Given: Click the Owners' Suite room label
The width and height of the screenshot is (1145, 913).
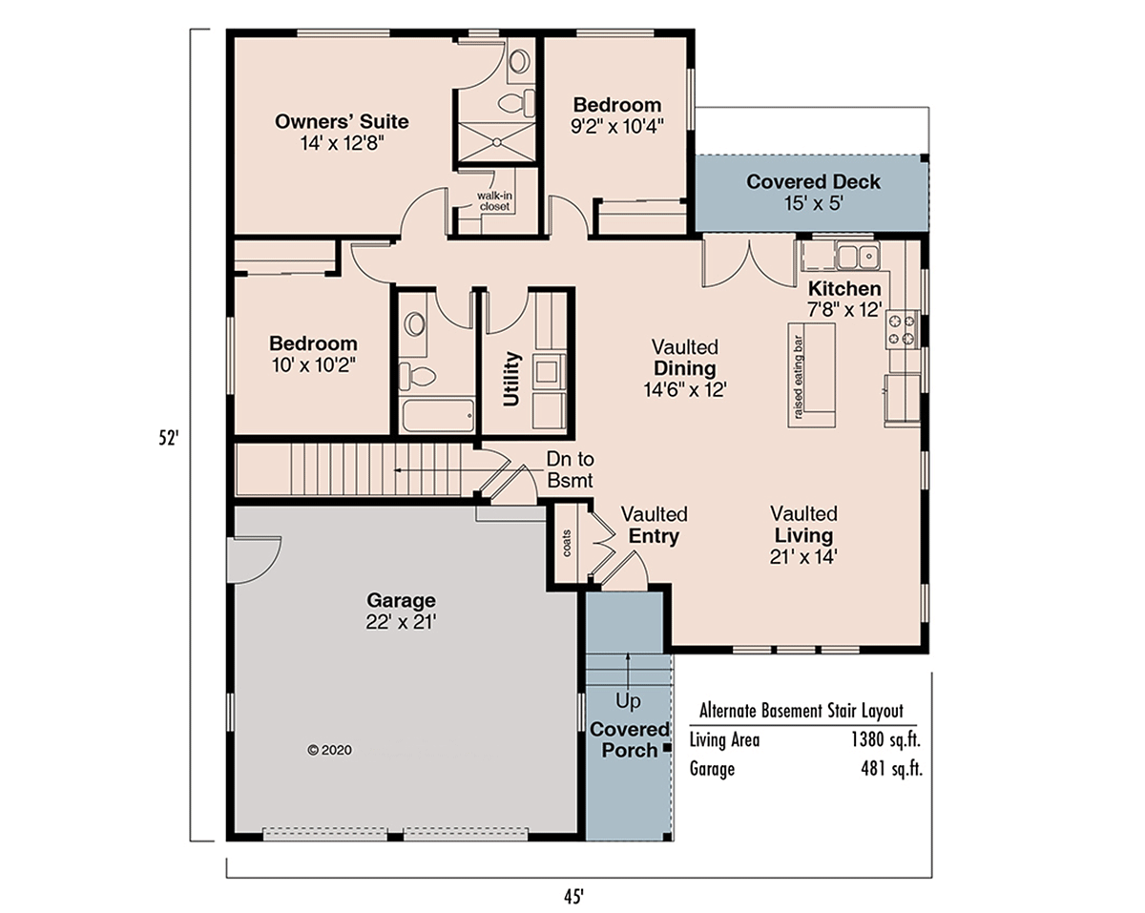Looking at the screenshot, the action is coord(342,121).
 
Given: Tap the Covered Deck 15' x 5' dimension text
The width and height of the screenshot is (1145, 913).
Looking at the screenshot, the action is coord(814,203).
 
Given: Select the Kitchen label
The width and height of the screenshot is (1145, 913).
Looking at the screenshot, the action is coord(844,289).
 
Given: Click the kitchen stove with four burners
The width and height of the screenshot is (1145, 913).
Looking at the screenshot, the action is coord(902,329).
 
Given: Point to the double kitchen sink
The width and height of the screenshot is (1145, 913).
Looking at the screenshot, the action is coord(858,257).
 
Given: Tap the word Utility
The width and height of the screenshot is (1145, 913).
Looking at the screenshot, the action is coord(511,379).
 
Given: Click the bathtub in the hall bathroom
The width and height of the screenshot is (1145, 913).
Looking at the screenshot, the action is coord(438,416).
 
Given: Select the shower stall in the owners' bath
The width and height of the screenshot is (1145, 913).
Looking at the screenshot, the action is coord(496,142).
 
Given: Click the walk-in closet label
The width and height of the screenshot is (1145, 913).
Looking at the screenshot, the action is coord(494,201).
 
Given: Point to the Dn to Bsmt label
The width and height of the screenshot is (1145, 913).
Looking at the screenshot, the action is coord(570,469).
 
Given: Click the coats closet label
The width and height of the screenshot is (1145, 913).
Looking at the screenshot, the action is coord(567,543).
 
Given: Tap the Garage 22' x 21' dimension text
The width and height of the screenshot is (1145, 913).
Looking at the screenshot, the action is coord(401,622).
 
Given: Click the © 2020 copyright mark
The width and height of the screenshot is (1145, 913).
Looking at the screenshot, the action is coord(329,750).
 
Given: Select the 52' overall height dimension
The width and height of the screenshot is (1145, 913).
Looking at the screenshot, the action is coord(169,438).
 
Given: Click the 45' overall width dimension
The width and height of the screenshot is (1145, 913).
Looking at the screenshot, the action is coord(573,897).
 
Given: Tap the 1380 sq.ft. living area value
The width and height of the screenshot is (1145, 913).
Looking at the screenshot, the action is coord(885,740).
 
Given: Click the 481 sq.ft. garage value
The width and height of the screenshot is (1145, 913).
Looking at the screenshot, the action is coord(891,769).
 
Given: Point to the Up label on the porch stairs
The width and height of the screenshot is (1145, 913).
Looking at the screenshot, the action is coord(628,702).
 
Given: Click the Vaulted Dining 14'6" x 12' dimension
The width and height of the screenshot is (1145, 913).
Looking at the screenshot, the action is coord(685,390).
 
